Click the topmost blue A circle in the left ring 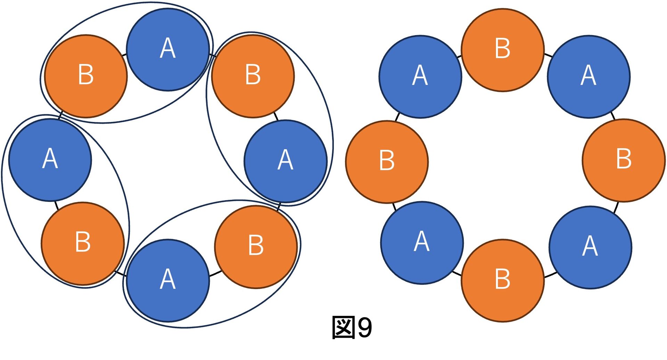point(168,50)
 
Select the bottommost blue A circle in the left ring point(168,280)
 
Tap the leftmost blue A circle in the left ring point(50,160)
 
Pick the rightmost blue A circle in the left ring point(286,161)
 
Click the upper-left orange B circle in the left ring point(86,76)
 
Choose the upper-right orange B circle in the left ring point(253,76)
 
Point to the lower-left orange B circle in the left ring point(83,243)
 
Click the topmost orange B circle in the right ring point(503,50)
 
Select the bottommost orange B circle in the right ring point(503,280)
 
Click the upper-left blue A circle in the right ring point(420,77)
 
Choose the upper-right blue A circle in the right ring point(588,77)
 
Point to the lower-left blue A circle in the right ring point(422,243)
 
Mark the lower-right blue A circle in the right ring point(590,247)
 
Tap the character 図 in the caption point(344,327)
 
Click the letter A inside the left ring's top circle point(168,48)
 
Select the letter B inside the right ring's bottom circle point(503,279)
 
